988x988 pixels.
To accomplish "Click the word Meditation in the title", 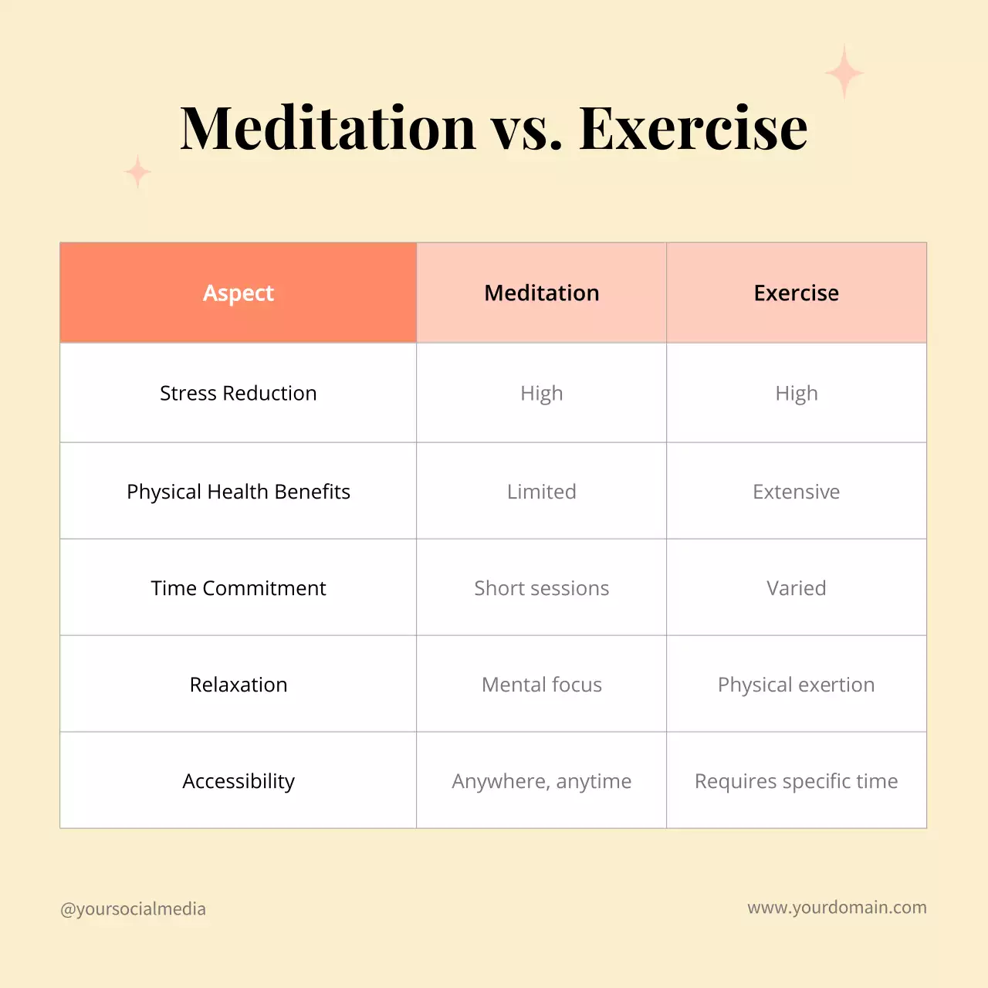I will point(328,127).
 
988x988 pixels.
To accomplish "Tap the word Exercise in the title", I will point(693,127).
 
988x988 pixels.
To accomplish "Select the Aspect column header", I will point(239,293).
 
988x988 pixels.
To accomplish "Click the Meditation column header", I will point(542,293).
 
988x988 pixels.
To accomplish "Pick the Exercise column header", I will point(797,293).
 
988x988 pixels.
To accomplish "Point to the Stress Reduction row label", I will point(239,394).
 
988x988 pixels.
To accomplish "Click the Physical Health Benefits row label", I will point(239,492).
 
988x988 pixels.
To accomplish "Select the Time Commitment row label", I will point(239,588).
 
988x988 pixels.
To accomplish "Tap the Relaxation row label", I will point(239,685).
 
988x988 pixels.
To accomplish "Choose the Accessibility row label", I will point(239,781).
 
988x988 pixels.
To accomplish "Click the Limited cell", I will point(542,492).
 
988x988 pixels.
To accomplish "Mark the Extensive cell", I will point(797,492).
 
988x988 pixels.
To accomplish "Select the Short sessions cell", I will point(542,588).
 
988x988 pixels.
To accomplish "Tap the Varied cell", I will point(797,588).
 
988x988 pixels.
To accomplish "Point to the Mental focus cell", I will point(542,685).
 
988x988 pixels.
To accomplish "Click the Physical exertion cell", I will point(797,685).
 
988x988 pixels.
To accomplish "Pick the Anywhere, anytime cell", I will point(542,781).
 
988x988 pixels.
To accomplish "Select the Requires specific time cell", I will point(797,781).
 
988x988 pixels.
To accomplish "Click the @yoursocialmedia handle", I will point(134,909).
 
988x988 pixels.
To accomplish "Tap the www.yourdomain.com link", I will point(837,908).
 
